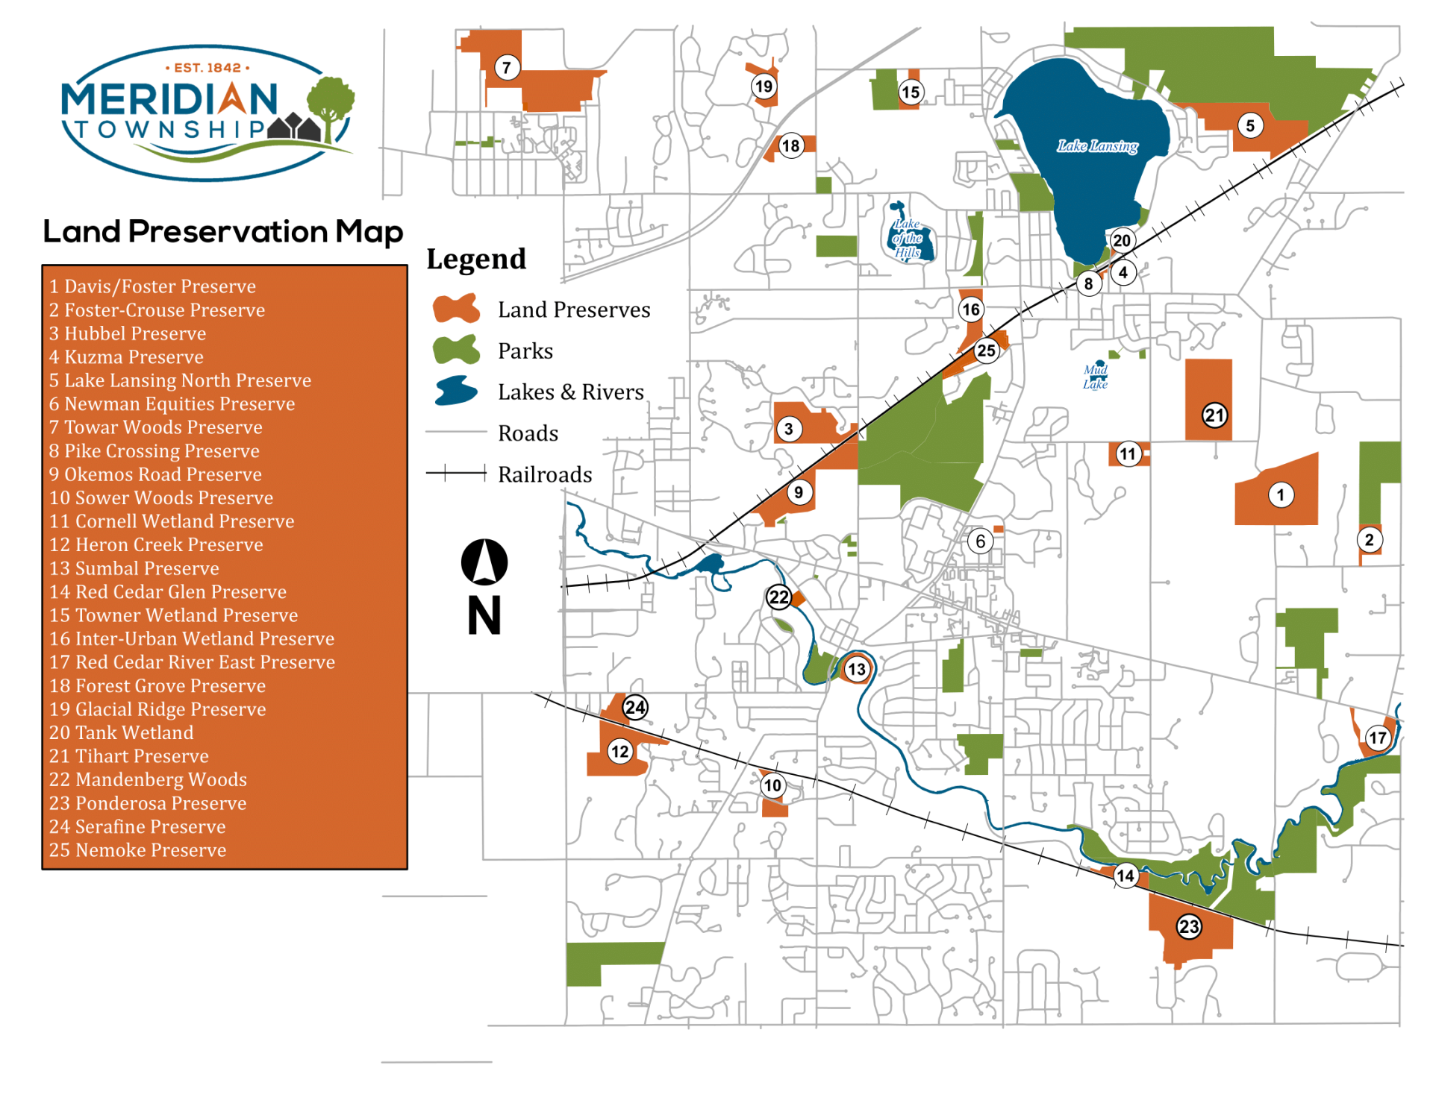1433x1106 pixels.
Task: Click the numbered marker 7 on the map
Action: click(507, 68)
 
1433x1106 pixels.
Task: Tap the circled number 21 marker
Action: click(1214, 415)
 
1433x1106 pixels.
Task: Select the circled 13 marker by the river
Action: click(856, 669)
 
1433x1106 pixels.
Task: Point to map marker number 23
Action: click(1189, 926)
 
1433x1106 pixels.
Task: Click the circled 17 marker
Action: click(1377, 738)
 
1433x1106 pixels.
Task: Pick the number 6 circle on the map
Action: click(980, 541)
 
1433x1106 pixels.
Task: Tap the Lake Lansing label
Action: click(1097, 146)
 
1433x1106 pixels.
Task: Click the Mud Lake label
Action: click(1095, 377)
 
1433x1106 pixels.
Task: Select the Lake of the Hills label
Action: click(908, 238)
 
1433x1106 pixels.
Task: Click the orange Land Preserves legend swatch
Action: click(456, 309)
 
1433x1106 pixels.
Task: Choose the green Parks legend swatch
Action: click(456, 350)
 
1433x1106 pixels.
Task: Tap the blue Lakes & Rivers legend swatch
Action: click(456, 391)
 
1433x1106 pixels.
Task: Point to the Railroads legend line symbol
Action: click(456, 474)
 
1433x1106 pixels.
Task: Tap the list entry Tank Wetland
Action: click(121, 732)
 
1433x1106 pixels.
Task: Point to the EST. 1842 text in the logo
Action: click(207, 68)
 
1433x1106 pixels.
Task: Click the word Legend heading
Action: click(476, 260)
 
